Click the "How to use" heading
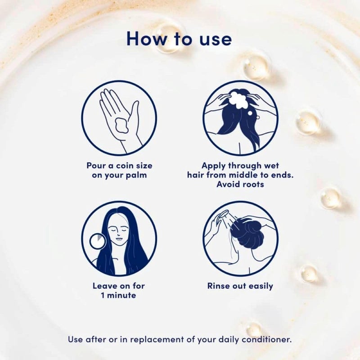coord(179,39)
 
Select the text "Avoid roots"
coord(240,184)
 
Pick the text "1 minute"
coord(119,296)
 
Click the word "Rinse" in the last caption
coord(218,286)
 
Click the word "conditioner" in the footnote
coord(266,339)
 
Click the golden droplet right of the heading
coord(255,67)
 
